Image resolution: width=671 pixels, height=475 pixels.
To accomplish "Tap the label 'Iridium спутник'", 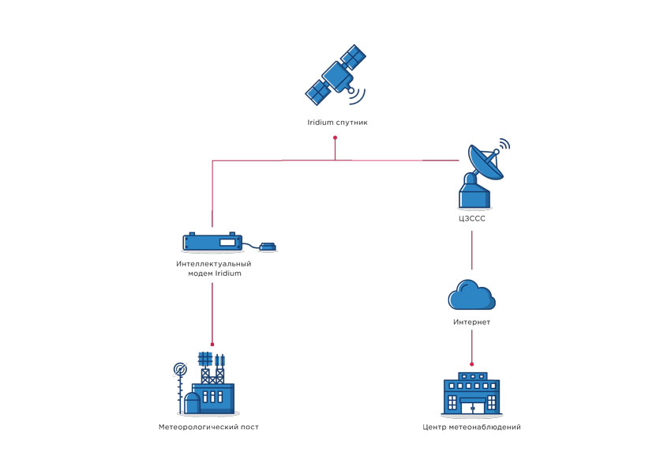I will coord(337,123).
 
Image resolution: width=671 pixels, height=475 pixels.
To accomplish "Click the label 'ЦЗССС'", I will coord(472,219).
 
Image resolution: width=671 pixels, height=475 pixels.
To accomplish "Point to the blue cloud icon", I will coord(471,296).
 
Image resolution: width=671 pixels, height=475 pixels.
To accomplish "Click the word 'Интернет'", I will coord(471,322).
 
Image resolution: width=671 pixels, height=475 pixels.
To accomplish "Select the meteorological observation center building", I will coord(471,394).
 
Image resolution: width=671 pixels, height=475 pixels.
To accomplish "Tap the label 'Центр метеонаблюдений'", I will coord(471,427).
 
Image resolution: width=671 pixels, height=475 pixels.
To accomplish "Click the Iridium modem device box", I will coord(212,242).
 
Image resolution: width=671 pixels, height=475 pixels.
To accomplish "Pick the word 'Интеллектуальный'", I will coord(214,263).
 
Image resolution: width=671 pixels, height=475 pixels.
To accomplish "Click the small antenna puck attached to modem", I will coord(268,247).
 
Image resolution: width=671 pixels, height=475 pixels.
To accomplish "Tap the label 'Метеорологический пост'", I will coord(208,427).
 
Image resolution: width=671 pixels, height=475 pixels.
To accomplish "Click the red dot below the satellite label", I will coord(335,138).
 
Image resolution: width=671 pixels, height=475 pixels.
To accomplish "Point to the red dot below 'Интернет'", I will coord(472,364).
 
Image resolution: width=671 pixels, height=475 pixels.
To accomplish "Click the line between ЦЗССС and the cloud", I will coord(472,249).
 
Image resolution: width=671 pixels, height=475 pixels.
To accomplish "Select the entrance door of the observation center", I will coord(471,406).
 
